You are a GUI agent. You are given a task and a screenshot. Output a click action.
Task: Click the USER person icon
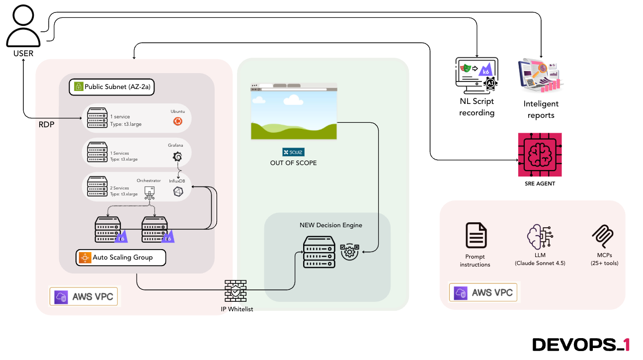point(23,25)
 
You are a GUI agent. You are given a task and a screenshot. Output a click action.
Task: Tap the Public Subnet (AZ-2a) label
point(112,87)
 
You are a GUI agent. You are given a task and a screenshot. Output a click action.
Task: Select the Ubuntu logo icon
point(177,121)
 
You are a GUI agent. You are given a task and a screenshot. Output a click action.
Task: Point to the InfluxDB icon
point(177,191)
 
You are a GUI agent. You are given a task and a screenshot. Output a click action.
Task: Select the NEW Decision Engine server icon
point(319,252)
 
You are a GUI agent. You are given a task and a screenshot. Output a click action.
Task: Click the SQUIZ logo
point(293,152)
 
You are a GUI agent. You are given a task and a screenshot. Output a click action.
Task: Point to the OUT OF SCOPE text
point(293,163)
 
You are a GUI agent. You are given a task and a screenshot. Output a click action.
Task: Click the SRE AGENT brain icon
point(540,155)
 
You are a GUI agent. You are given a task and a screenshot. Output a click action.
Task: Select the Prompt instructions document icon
point(476,235)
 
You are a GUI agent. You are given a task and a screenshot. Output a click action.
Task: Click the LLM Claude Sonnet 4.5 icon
point(540,236)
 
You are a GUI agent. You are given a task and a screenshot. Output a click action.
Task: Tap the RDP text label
point(46,124)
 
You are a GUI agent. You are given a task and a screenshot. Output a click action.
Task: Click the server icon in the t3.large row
point(97,117)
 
